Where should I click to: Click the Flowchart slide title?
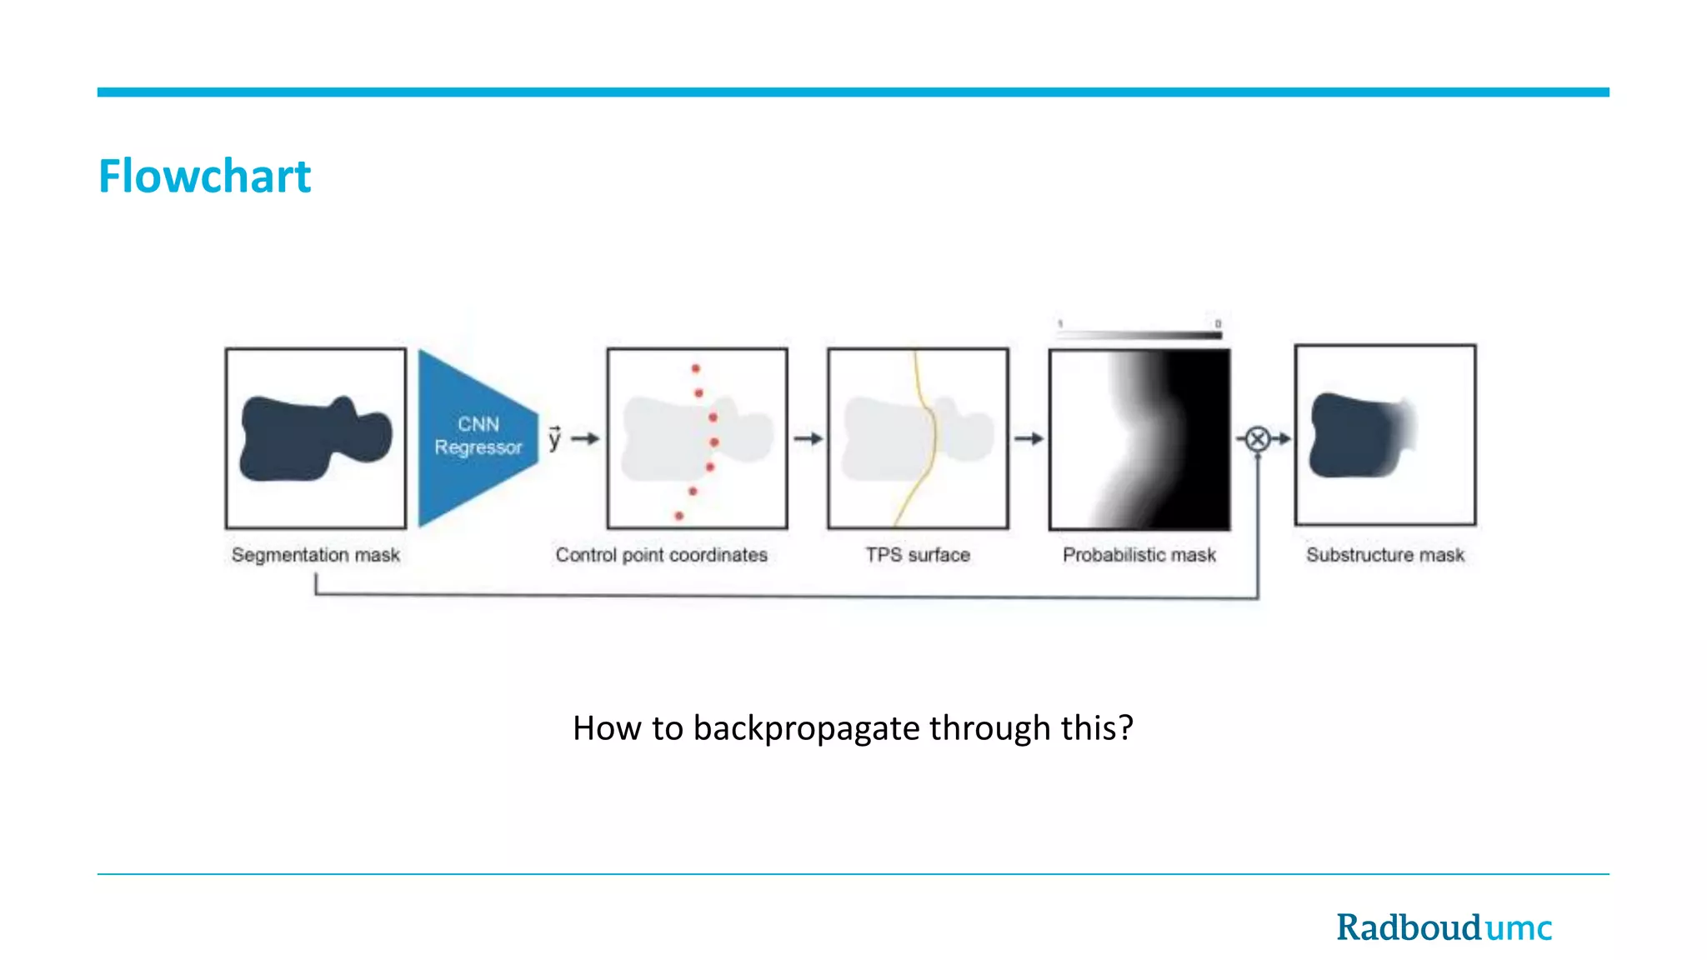tap(204, 177)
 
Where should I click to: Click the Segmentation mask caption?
tap(315, 555)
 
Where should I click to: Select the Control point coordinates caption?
tap(661, 555)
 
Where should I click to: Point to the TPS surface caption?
tap(917, 555)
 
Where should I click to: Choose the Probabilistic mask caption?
tap(1139, 555)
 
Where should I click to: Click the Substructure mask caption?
tap(1384, 555)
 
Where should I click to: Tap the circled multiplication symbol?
tap(1258, 438)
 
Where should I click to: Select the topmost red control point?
tap(695, 368)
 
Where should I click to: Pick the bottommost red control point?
tap(679, 516)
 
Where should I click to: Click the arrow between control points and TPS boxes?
tap(807, 438)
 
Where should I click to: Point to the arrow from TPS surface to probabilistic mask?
tap(1029, 438)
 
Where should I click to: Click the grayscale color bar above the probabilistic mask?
tap(1139, 334)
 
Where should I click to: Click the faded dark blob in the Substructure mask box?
tap(1354, 436)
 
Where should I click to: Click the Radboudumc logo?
tap(1444, 927)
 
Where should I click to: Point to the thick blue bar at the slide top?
tap(853, 92)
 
